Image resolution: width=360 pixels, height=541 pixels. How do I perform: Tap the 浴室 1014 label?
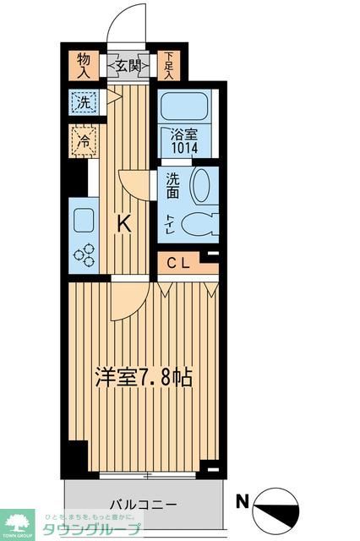[185, 139]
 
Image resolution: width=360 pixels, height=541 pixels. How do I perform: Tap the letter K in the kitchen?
[123, 224]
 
